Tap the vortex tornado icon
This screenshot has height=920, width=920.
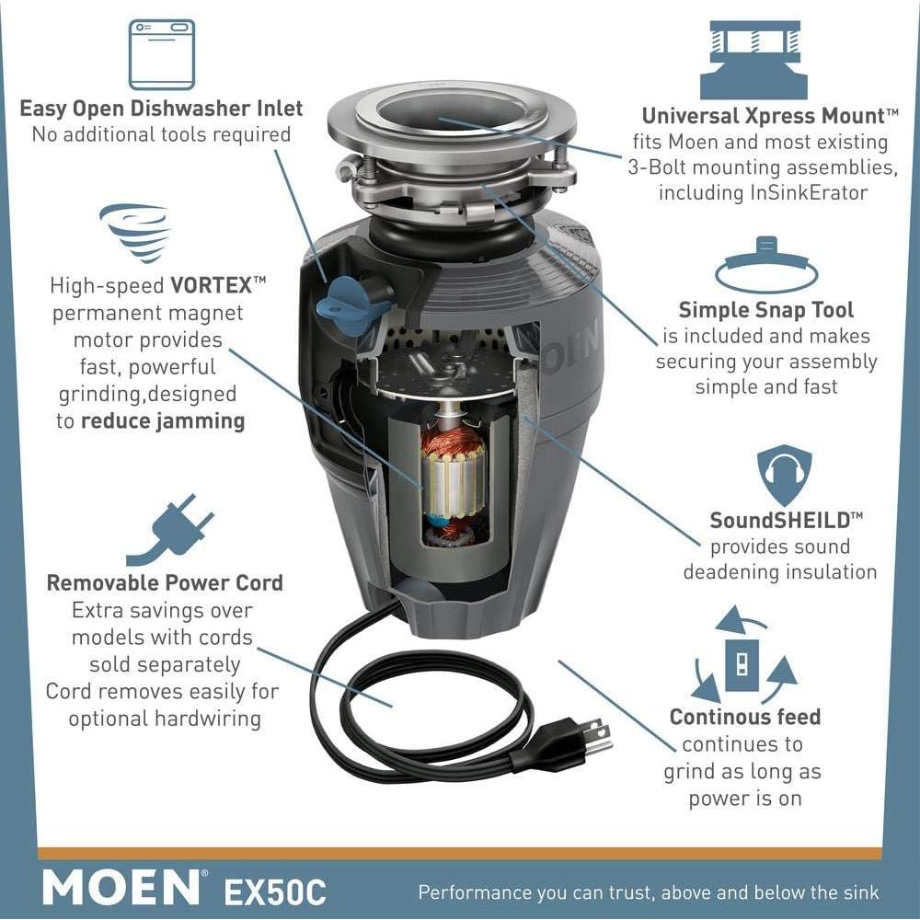134,232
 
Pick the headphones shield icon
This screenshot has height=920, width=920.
784,475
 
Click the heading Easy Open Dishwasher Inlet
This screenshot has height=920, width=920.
161,109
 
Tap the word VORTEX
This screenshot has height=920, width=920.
210,285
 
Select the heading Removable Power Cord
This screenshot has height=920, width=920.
165,583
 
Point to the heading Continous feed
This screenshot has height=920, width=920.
744,718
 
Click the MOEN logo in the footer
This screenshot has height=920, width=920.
121,888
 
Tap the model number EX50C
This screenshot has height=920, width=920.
275,891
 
